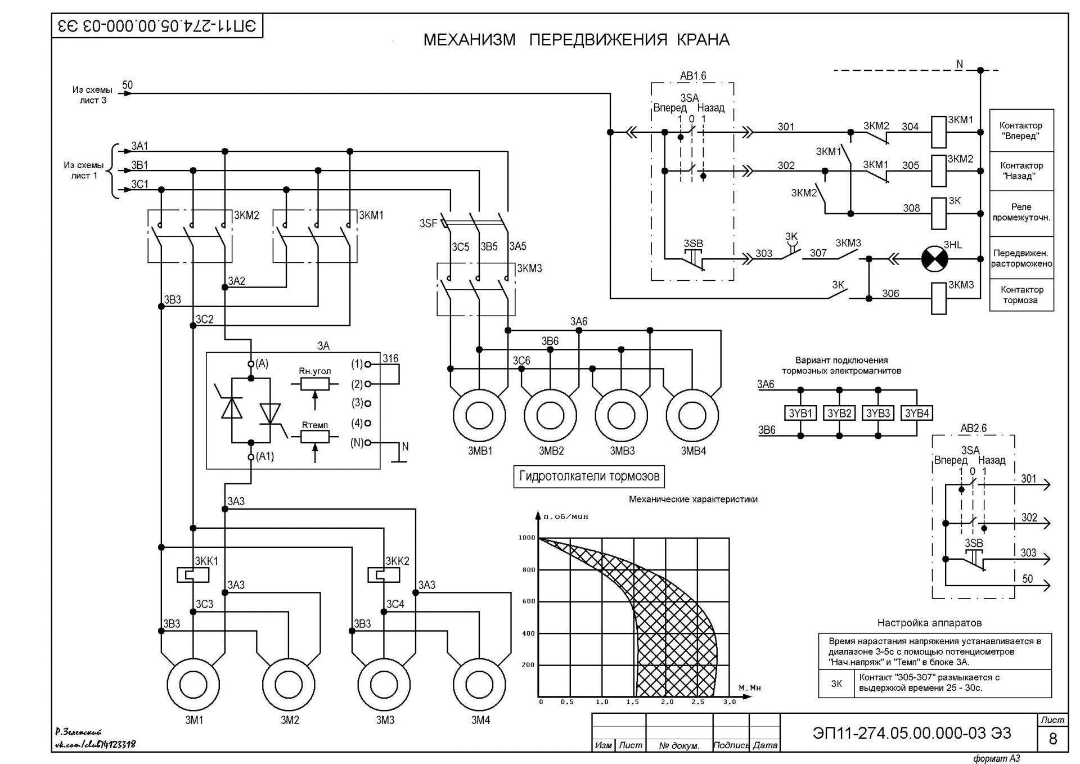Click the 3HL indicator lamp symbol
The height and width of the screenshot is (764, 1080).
pyautogui.click(x=934, y=259)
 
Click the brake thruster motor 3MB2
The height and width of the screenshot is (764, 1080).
pyautogui.click(x=551, y=416)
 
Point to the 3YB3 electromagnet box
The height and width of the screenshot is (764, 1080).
pyautogui.click(x=878, y=413)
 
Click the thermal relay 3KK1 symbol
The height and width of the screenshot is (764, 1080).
pyautogui.click(x=193, y=575)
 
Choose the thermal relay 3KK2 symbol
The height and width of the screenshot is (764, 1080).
pyautogui.click(x=384, y=575)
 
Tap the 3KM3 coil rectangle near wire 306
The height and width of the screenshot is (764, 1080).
pyautogui.click(x=939, y=298)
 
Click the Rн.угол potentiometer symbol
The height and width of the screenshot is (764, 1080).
pyautogui.click(x=315, y=384)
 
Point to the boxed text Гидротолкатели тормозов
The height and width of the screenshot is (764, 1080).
pyautogui.click(x=589, y=477)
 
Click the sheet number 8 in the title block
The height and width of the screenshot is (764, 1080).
pyautogui.click(x=1053, y=738)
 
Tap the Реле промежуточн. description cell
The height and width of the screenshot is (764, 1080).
pyautogui.click(x=1021, y=213)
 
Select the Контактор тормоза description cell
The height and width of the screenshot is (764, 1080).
pyautogui.click(x=1021, y=295)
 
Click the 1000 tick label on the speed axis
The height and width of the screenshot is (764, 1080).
pyautogui.click(x=527, y=538)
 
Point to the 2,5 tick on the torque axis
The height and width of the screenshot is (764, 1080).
pyautogui.click(x=697, y=702)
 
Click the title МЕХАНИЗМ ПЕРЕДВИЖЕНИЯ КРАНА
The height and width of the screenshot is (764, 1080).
pyautogui.click(x=577, y=40)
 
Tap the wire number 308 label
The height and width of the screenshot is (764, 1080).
pyautogui.click(x=911, y=208)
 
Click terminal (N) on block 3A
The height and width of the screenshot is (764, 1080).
pyautogui.click(x=368, y=443)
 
